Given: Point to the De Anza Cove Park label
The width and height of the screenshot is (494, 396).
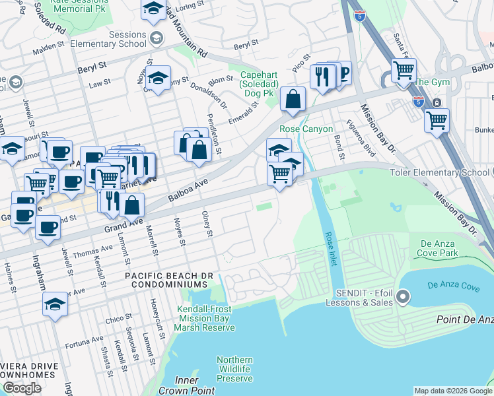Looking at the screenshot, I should (x=439, y=248).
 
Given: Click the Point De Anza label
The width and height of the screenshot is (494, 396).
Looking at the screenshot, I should (x=465, y=319).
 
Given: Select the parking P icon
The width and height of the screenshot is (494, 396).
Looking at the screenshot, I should (x=343, y=73).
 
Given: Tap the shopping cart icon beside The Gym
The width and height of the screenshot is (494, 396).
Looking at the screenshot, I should (x=404, y=69).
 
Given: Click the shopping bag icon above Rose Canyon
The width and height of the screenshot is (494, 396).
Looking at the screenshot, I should (x=293, y=99).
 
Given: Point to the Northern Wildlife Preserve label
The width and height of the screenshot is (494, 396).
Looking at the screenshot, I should (x=234, y=369).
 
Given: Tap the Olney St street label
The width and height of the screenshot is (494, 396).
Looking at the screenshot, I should (x=209, y=224).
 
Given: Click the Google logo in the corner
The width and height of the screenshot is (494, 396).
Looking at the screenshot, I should (x=22, y=388).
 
